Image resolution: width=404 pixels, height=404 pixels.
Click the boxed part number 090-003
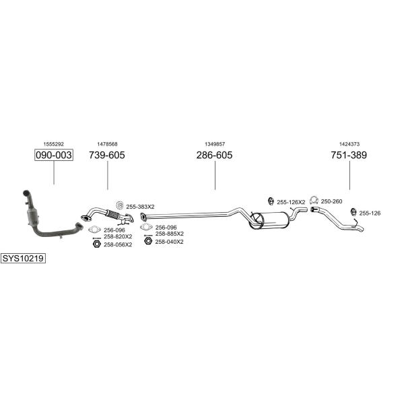tap(54, 155)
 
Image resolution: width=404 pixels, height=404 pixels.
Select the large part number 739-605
tap(107, 155)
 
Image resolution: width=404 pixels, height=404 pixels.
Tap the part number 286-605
tap(214, 155)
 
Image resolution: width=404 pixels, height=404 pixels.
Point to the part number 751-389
tap(349, 155)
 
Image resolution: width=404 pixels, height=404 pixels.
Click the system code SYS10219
tap(23, 258)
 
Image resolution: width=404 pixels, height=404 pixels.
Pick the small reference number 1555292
tap(54, 144)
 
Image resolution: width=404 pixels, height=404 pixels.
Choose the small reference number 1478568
tap(107, 144)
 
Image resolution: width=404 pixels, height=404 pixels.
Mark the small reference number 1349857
tap(215, 144)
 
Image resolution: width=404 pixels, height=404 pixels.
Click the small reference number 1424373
tap(349, 144)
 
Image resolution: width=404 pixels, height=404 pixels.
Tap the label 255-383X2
tap(140, 207)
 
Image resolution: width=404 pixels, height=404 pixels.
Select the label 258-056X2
tap(118, 244)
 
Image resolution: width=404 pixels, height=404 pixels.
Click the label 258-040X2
tap(169, 242)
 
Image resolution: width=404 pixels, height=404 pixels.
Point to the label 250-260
tap(331, 201)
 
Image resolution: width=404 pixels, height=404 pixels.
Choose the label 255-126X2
tap(291, 202)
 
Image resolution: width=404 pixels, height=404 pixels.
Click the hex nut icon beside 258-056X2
tap(96, 244)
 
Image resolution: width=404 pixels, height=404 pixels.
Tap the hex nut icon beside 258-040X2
tap(148, 241)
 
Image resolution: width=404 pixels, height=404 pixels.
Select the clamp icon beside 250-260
tap(314, 200)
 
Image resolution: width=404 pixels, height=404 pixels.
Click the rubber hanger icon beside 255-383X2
tap(120, 205)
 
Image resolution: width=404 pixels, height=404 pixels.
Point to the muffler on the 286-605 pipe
tap(268, 220)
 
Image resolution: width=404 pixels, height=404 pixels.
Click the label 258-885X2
tap(170, 234)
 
